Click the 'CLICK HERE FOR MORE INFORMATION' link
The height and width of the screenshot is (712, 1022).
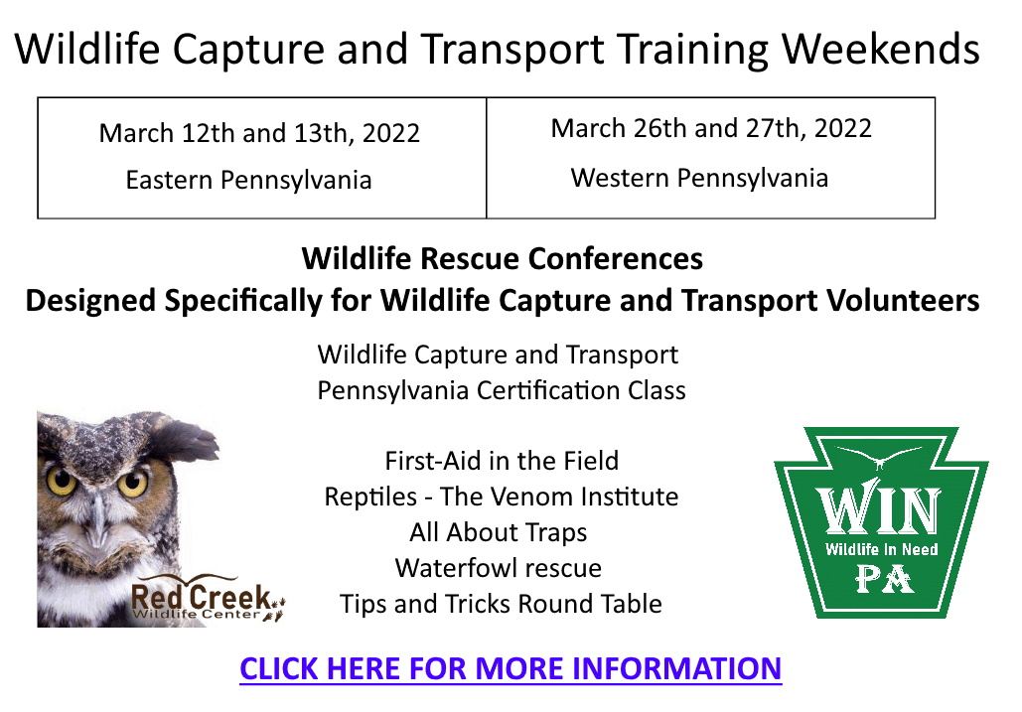[x=511, y=668]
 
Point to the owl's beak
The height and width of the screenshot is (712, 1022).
[x=97, y=518]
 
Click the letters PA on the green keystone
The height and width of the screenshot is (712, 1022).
[x=884, y=579]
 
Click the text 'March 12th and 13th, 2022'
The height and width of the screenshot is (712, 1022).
[x=259, y=133]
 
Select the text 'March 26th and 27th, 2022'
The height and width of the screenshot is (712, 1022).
[x=711, y=128]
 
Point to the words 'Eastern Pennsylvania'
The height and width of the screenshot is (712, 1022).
[x=248, y=180]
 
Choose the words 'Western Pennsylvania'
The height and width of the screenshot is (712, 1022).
[x=699, y=178]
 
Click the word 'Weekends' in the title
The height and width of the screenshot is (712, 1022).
[x=880, y=49]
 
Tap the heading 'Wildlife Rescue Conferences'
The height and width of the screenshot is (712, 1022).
[x=503, y=258]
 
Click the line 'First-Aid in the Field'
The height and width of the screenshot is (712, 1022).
[x=502, y=461]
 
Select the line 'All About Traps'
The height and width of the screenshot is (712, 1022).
[x=498, y=532]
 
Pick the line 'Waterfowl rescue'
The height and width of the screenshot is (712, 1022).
[x=498, y=568]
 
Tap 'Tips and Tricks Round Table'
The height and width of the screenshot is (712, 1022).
[x=501, y=604]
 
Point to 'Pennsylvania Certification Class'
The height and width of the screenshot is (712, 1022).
[x=502, y=391]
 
